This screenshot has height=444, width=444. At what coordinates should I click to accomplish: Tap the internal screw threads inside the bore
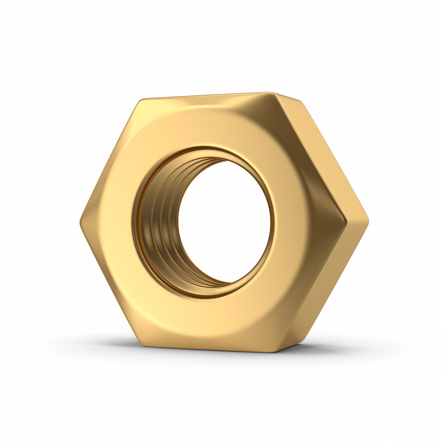click(x=158, y=222)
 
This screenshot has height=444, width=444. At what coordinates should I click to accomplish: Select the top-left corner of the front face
click(x=142, y=101)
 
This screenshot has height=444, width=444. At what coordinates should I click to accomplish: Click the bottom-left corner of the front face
click(x=142, y=343)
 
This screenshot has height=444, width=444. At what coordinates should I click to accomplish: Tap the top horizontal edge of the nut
click(x=206, y=96)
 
